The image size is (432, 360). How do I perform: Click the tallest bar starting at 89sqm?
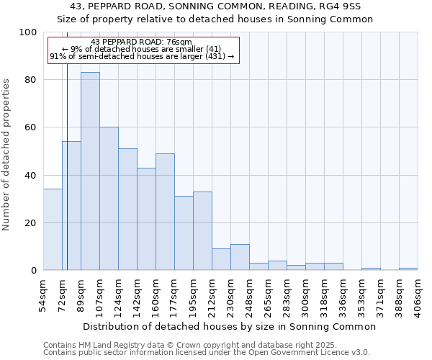click(x=90, y=171)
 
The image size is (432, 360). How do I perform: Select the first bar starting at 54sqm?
click(x=53, y=230)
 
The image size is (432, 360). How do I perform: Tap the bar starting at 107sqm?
click(x=109, y=199)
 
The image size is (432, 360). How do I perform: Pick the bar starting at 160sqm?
click(x=165, y=212)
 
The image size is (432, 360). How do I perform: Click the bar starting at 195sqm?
click(x=202, y=231)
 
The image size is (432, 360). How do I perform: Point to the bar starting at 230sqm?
click(x=240, y=257)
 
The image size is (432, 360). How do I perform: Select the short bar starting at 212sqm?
click(x=221, y=259)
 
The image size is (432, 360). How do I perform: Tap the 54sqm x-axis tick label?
click(x=43, y=294)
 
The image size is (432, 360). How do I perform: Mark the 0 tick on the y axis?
click(x=34, y=271)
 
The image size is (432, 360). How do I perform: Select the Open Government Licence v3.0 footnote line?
click(x=207, y=352)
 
